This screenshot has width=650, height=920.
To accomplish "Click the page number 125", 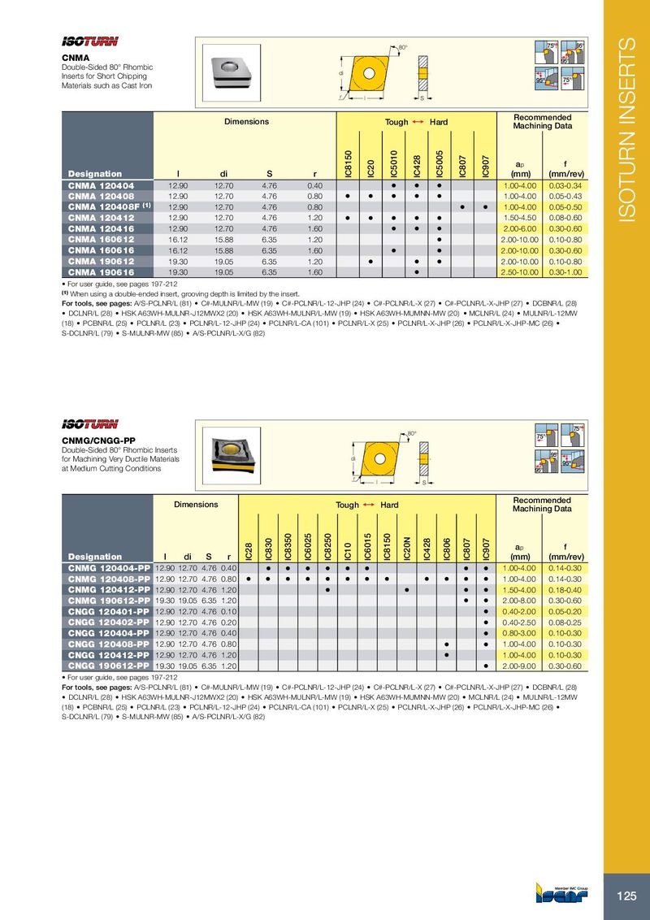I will click(626, 896).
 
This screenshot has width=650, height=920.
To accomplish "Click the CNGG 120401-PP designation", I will click(108, 610).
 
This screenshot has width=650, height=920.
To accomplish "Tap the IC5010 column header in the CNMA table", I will click(392, 163).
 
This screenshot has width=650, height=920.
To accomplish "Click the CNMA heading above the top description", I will click(76, 58).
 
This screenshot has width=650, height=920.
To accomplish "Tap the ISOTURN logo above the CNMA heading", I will click(90, 42).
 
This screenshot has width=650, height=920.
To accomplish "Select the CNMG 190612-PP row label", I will click(108, 600).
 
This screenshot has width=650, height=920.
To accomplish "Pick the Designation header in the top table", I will click(95, 174).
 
